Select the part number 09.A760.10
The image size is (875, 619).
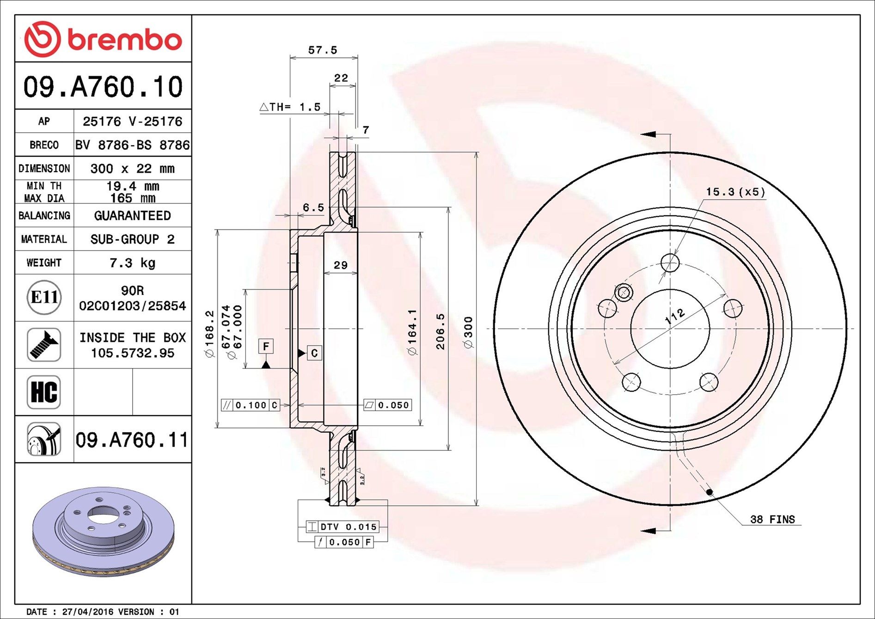click(x=103, y=86)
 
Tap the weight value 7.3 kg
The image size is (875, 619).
click(x=132, y=263)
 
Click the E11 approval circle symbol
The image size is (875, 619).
click(x=44, y=297)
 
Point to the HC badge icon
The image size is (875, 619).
click(x=44, y=392)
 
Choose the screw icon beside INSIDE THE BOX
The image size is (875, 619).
click(x=44, y=345)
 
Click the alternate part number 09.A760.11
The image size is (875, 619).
click(x=132, y=440)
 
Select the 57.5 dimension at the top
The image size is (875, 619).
click(x=323, y=50)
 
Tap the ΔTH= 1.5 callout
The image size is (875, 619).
click(x=290, y=107)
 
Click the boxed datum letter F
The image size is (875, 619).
click(x=266, y=346)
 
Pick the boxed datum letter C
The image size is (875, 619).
click(x=314, y=354)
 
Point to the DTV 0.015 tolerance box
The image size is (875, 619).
click(x=343, y=527)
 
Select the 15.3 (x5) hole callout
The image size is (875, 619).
click(x=735, y=192)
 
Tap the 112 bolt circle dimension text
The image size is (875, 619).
click(x=675, y=316)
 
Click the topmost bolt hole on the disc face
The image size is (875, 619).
click(x=670, y=263)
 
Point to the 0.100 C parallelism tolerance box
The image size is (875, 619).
click(x=250, y=405)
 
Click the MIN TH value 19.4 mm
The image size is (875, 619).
click(x=132, y=186)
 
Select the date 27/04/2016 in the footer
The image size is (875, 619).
click(x=87, y=612)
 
